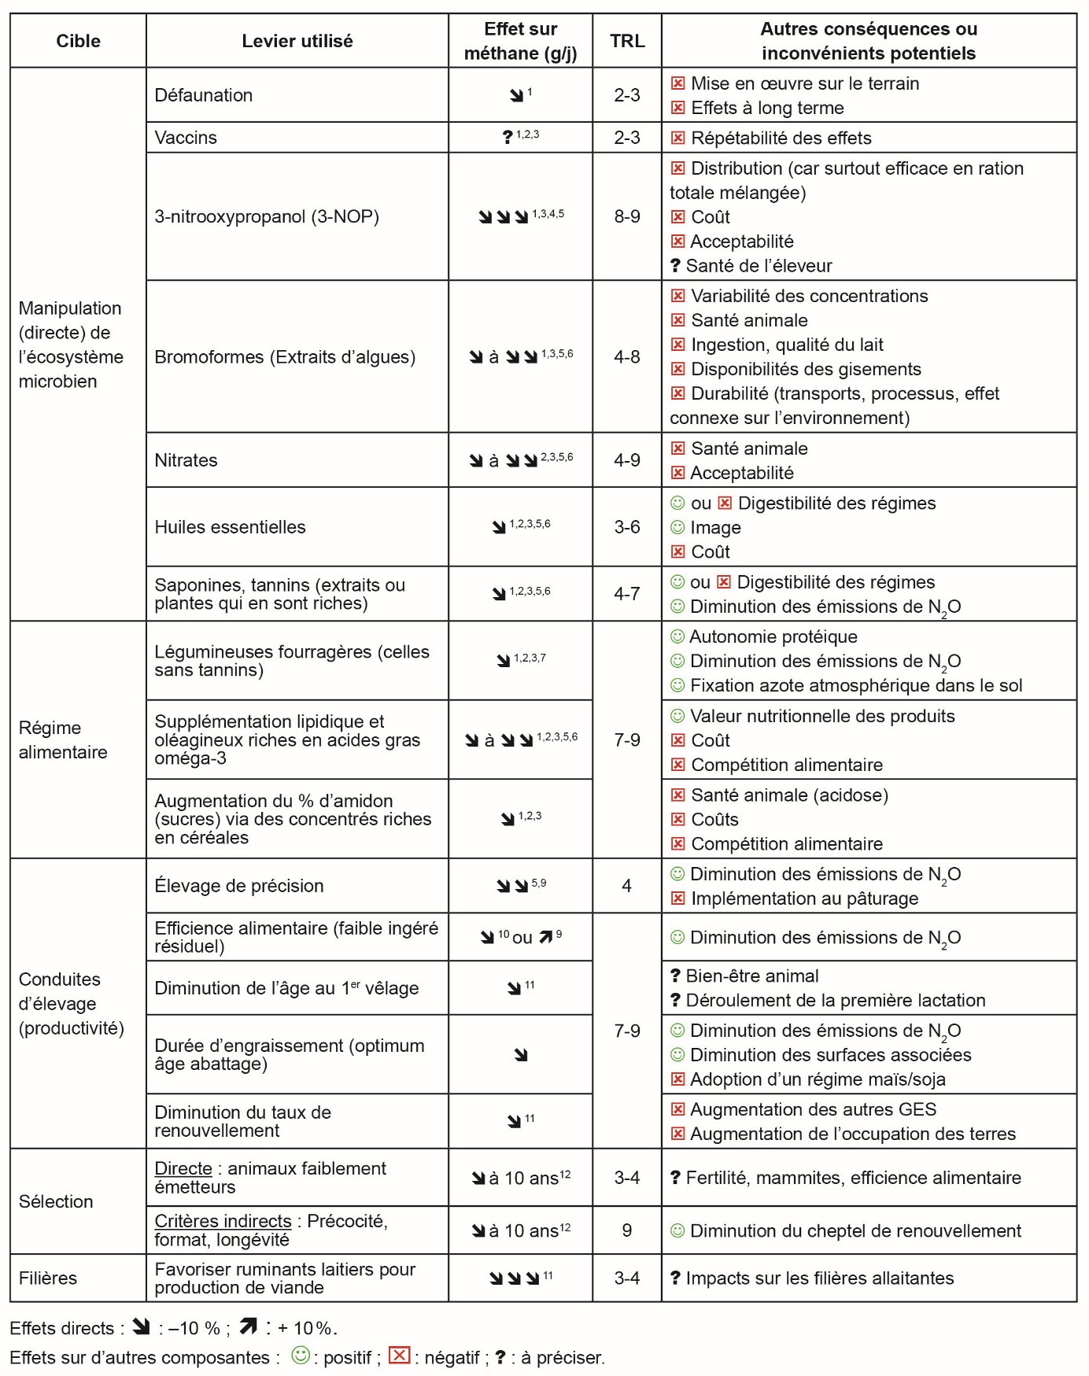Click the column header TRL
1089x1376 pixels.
tap(626, 41)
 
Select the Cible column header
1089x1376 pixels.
tap(78, 41)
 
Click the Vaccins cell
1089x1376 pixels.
tap(186, 138)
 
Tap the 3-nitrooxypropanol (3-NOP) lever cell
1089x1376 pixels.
tap(267, 216)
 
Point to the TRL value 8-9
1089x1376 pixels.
tap(626, 216)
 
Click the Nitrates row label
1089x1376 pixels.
tap(186, 460)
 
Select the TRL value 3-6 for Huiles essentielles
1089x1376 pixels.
tap(626, 527)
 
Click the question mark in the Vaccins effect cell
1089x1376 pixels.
tap(508, 138)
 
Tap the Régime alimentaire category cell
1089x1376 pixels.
tap(63, 740)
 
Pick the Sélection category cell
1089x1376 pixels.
tap(56, 1201)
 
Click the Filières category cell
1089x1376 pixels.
tap(48, 1278)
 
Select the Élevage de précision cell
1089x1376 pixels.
tap(239, 886)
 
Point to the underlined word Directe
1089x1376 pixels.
tap(183, 1168)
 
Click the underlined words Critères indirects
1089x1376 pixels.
tap(223, 1221)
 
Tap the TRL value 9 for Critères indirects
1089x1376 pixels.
tap(626, 1230)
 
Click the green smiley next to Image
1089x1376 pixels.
tap(677, 527)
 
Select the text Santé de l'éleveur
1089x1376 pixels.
tap(759, 266)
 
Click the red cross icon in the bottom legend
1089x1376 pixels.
tap(400, 1355)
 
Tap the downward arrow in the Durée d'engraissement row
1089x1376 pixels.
tap(521, 1055)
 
